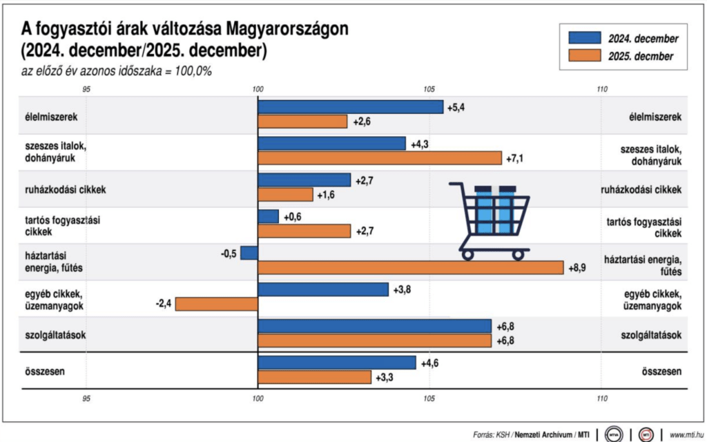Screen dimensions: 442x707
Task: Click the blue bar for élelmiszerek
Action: pos(350,107)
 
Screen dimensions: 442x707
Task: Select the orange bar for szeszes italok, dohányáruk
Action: pos(380,158)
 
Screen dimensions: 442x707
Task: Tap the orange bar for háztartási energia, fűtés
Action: pos(411,267)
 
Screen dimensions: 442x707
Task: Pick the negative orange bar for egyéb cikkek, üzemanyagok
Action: pos(216,303)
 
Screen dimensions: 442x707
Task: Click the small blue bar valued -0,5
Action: pos(249,253)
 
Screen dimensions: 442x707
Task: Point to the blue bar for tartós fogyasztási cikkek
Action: pos(268,216)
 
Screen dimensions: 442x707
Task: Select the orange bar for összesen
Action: pos(314,377)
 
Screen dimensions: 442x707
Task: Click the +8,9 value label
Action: pos(578,268)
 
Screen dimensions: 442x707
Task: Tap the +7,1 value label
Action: pos(516,159)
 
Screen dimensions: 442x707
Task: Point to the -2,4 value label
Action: pos(164,303)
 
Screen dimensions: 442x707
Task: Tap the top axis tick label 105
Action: pos(429,89)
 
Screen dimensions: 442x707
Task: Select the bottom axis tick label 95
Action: pos(86,398)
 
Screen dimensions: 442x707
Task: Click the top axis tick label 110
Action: pos(601,89)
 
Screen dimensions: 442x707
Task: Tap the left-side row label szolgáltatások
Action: pos(51,335)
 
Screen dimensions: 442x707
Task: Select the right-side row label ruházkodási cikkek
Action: pos(642,189)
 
